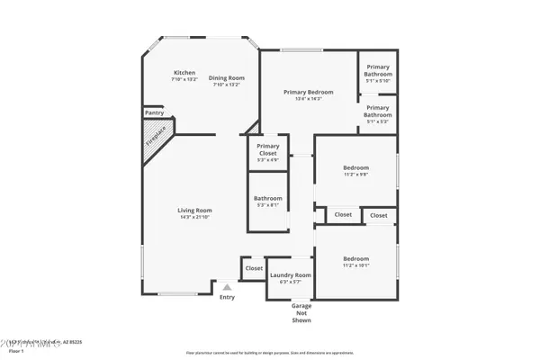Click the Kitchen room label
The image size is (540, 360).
tap(184, 73)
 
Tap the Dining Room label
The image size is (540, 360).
tap(226, 77)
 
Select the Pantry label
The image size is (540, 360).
tap(154, 113)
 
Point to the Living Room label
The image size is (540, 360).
tap(193, 210)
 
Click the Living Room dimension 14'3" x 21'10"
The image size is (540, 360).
tap(193, 217)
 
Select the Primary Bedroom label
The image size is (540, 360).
tap(308, 92)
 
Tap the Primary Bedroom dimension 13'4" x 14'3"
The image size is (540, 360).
tap(308, 99)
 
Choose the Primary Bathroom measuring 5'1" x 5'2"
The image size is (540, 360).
tap(377, 112)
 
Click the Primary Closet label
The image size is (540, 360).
tap(267, 149)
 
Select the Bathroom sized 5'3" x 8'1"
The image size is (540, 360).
tap(267, 201)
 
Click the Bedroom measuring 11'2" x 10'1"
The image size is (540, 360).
tap(355, 261)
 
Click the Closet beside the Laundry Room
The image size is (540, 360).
tap(254, 267)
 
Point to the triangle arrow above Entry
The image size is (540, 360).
tap(227, 288)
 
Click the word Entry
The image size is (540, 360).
tap(227, 297)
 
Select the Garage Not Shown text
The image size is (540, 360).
tap(301, 312)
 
